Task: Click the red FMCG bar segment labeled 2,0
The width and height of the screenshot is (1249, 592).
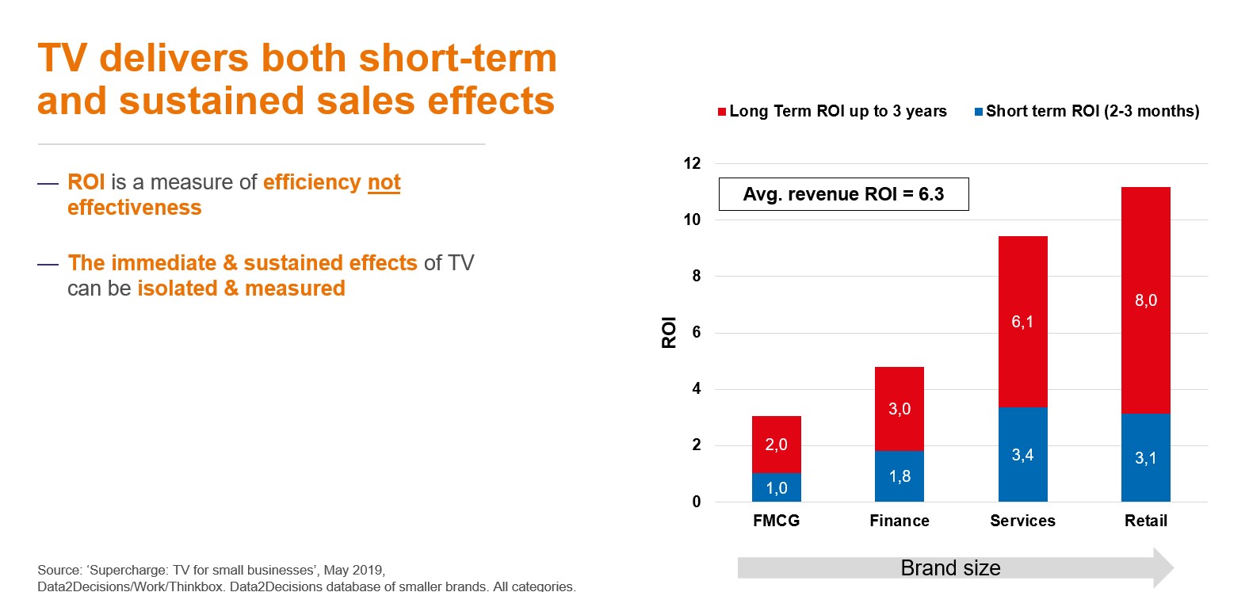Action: point(776,445)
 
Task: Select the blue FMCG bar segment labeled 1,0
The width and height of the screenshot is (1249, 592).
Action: point(776,487)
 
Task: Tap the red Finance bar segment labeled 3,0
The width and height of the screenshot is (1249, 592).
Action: point(900,409)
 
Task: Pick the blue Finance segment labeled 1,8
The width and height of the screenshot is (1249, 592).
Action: point(900,476)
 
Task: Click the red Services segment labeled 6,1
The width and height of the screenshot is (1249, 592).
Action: point(1022,322)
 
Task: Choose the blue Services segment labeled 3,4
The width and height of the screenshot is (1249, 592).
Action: point(1022,454)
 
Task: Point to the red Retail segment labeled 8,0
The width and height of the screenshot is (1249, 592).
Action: point(1146,300)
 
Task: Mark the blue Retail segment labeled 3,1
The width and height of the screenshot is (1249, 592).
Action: point(1146,457)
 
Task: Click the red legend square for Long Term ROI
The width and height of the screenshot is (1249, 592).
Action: point(721,112)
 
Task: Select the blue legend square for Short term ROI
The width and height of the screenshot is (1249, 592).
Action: point(979,112)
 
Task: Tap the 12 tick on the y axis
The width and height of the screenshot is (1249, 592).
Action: point(692,163)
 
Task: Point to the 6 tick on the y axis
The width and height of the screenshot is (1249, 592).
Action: point(697,332)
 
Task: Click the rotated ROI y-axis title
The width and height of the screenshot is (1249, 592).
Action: point(669,332)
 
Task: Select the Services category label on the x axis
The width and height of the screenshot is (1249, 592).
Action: point(1022,521)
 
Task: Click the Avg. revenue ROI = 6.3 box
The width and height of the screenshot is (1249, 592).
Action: point(844,194)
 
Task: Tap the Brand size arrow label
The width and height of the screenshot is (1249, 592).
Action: point(951,568)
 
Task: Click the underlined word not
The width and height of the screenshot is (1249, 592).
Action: point(384,182)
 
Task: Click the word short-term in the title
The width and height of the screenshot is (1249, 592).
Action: point(458,58)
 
